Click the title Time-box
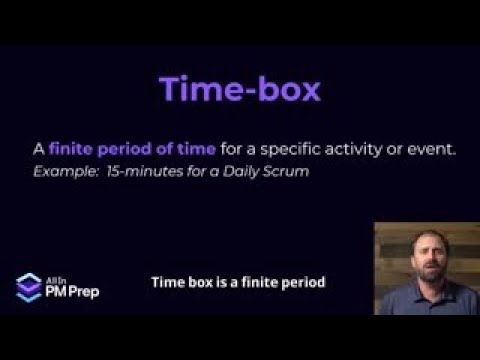pos(240,88)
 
